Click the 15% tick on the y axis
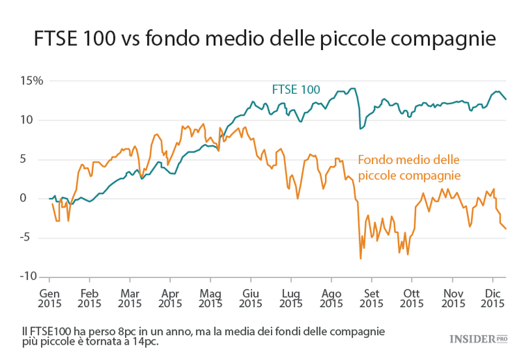point(31,81)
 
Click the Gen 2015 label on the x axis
point(49,297)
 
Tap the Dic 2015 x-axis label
point(493,297)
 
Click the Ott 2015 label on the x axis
point(412,297)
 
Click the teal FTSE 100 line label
point(295,89)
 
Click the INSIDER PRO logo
point(479,338)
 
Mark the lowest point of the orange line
point(361,259)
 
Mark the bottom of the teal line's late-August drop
point(360,129)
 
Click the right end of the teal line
point(506,99)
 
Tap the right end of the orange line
point(506,229)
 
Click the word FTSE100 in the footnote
point(47,331)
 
